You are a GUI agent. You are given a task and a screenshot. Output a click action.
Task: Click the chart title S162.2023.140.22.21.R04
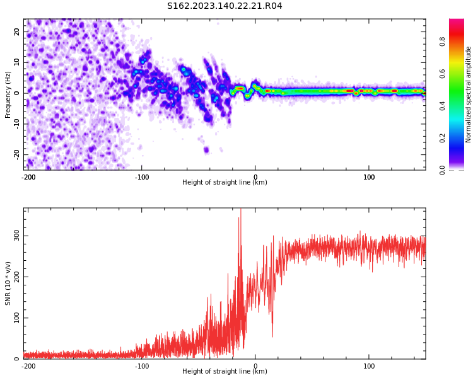pos(225,6)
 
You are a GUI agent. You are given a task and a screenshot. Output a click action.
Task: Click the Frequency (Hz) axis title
pos(8,94)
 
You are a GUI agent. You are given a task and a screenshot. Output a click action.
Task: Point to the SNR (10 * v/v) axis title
pos(8,283)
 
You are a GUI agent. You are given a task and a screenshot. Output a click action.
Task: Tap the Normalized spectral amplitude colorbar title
pos(469,94)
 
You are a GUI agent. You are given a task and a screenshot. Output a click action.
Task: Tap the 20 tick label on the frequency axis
pos(17,31)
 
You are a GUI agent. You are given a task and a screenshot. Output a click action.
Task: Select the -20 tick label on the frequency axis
pos(16,154)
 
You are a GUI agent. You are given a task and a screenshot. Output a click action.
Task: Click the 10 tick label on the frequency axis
pos(17,62)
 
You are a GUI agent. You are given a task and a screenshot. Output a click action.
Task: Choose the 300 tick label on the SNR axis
pos(15,236)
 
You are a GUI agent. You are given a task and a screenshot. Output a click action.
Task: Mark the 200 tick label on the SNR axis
pos(15,277)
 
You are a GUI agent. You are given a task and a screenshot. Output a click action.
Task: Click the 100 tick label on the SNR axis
pos(15,318)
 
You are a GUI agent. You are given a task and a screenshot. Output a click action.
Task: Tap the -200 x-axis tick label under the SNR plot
pos(28,366)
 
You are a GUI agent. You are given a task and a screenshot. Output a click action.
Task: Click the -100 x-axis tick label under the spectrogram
pos(142,177)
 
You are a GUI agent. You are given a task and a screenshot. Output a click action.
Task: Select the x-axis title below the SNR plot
pos(225,372)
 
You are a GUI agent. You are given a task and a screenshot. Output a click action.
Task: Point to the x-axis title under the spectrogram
pos(225,183)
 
